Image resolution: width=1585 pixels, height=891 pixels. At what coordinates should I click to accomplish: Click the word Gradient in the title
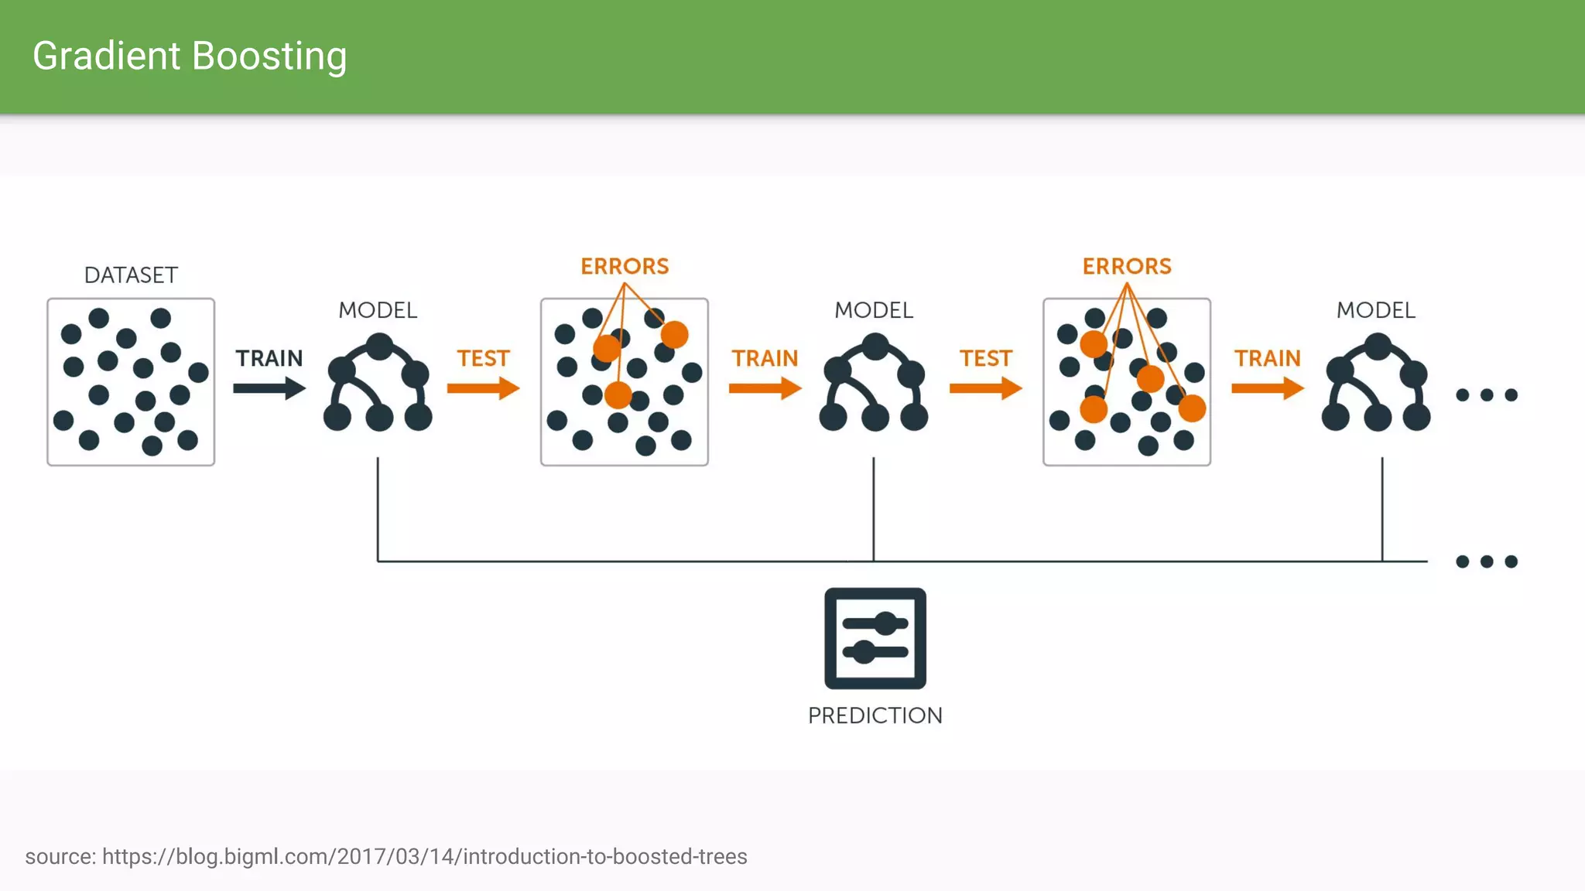click(x=107, y=56)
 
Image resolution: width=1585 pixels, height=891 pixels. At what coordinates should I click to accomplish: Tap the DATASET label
click(x=131, y=275)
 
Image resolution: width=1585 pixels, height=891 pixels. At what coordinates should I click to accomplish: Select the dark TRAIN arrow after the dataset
click(x=269, y=387)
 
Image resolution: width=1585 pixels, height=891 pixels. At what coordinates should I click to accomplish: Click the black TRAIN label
click(x=269, y=358)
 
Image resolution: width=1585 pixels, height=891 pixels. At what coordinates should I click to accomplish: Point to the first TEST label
click(x=483, y=358)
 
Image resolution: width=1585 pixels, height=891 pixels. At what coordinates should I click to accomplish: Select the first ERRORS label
click(x=625, y=266)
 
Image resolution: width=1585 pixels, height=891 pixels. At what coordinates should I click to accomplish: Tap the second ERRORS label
click(x=1127, y=266)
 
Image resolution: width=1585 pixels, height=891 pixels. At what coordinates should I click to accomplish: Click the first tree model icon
click(x=378, y=383)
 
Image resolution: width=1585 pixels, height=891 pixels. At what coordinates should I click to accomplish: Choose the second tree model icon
click(x=874, y=383)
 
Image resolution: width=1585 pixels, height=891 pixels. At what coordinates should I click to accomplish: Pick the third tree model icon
click(x=1376, y=383)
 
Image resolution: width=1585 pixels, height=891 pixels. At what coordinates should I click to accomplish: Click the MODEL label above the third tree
click(x=1376, y=310)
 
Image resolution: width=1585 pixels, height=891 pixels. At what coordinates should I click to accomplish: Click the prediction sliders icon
click(x=875, y=638)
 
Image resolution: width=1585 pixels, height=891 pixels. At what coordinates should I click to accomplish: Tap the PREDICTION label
click(x=875, y=715)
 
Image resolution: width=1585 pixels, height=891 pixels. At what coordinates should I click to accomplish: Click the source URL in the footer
click(x=424, y=857)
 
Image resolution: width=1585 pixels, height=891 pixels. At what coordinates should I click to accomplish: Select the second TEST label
click(x=986, y=358)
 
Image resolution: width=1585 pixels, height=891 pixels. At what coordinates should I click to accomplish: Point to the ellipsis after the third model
click(x=1487, y=395)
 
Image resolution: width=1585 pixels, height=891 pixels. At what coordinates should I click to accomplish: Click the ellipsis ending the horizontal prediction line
click(x=1487, y=562)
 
